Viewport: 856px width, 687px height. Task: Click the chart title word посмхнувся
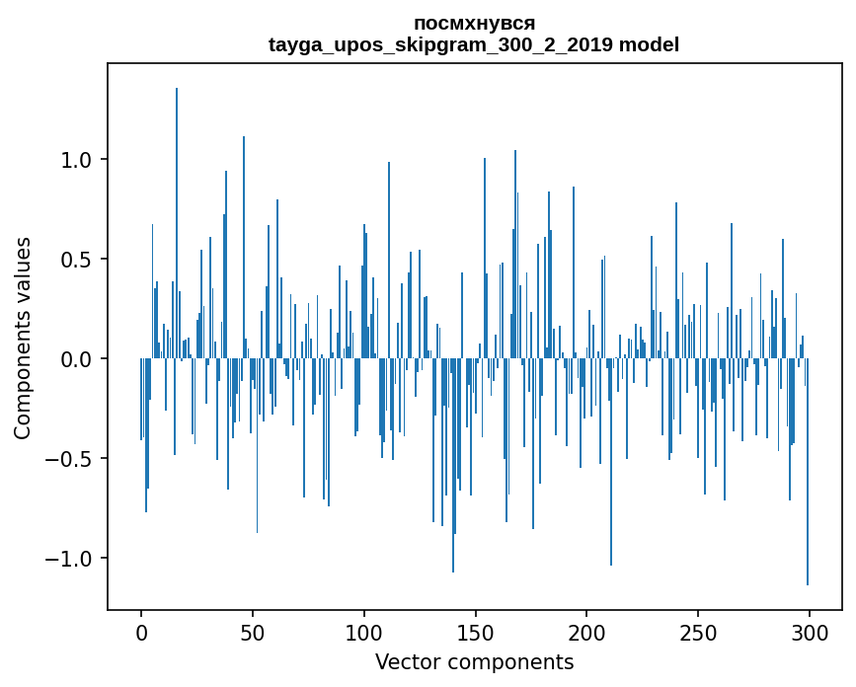coord(474,23)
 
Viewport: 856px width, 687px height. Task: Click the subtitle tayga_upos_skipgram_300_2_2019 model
coord(474,44)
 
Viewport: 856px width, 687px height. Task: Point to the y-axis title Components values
coord(23,338)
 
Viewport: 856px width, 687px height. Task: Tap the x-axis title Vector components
coord(474,661)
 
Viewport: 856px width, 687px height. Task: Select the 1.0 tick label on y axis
coord(77,160)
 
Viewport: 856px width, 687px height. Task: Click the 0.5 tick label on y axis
coord(77,260)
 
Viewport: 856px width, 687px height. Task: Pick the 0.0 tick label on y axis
coord(77,359)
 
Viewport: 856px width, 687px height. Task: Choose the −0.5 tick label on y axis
coord(71,459)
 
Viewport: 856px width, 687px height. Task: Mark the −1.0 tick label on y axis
coord(71,559)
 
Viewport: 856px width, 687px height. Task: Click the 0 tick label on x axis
coord(141,632)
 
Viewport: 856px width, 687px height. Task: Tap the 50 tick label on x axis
coord(253,632)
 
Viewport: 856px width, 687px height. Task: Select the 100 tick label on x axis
coord(364,632)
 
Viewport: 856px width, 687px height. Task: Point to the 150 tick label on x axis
coord(476,632)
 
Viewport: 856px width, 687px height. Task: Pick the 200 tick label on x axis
coord(587,632)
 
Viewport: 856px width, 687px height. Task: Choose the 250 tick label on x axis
coord(699,632)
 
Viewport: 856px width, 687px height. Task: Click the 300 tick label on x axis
coord(810,632)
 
